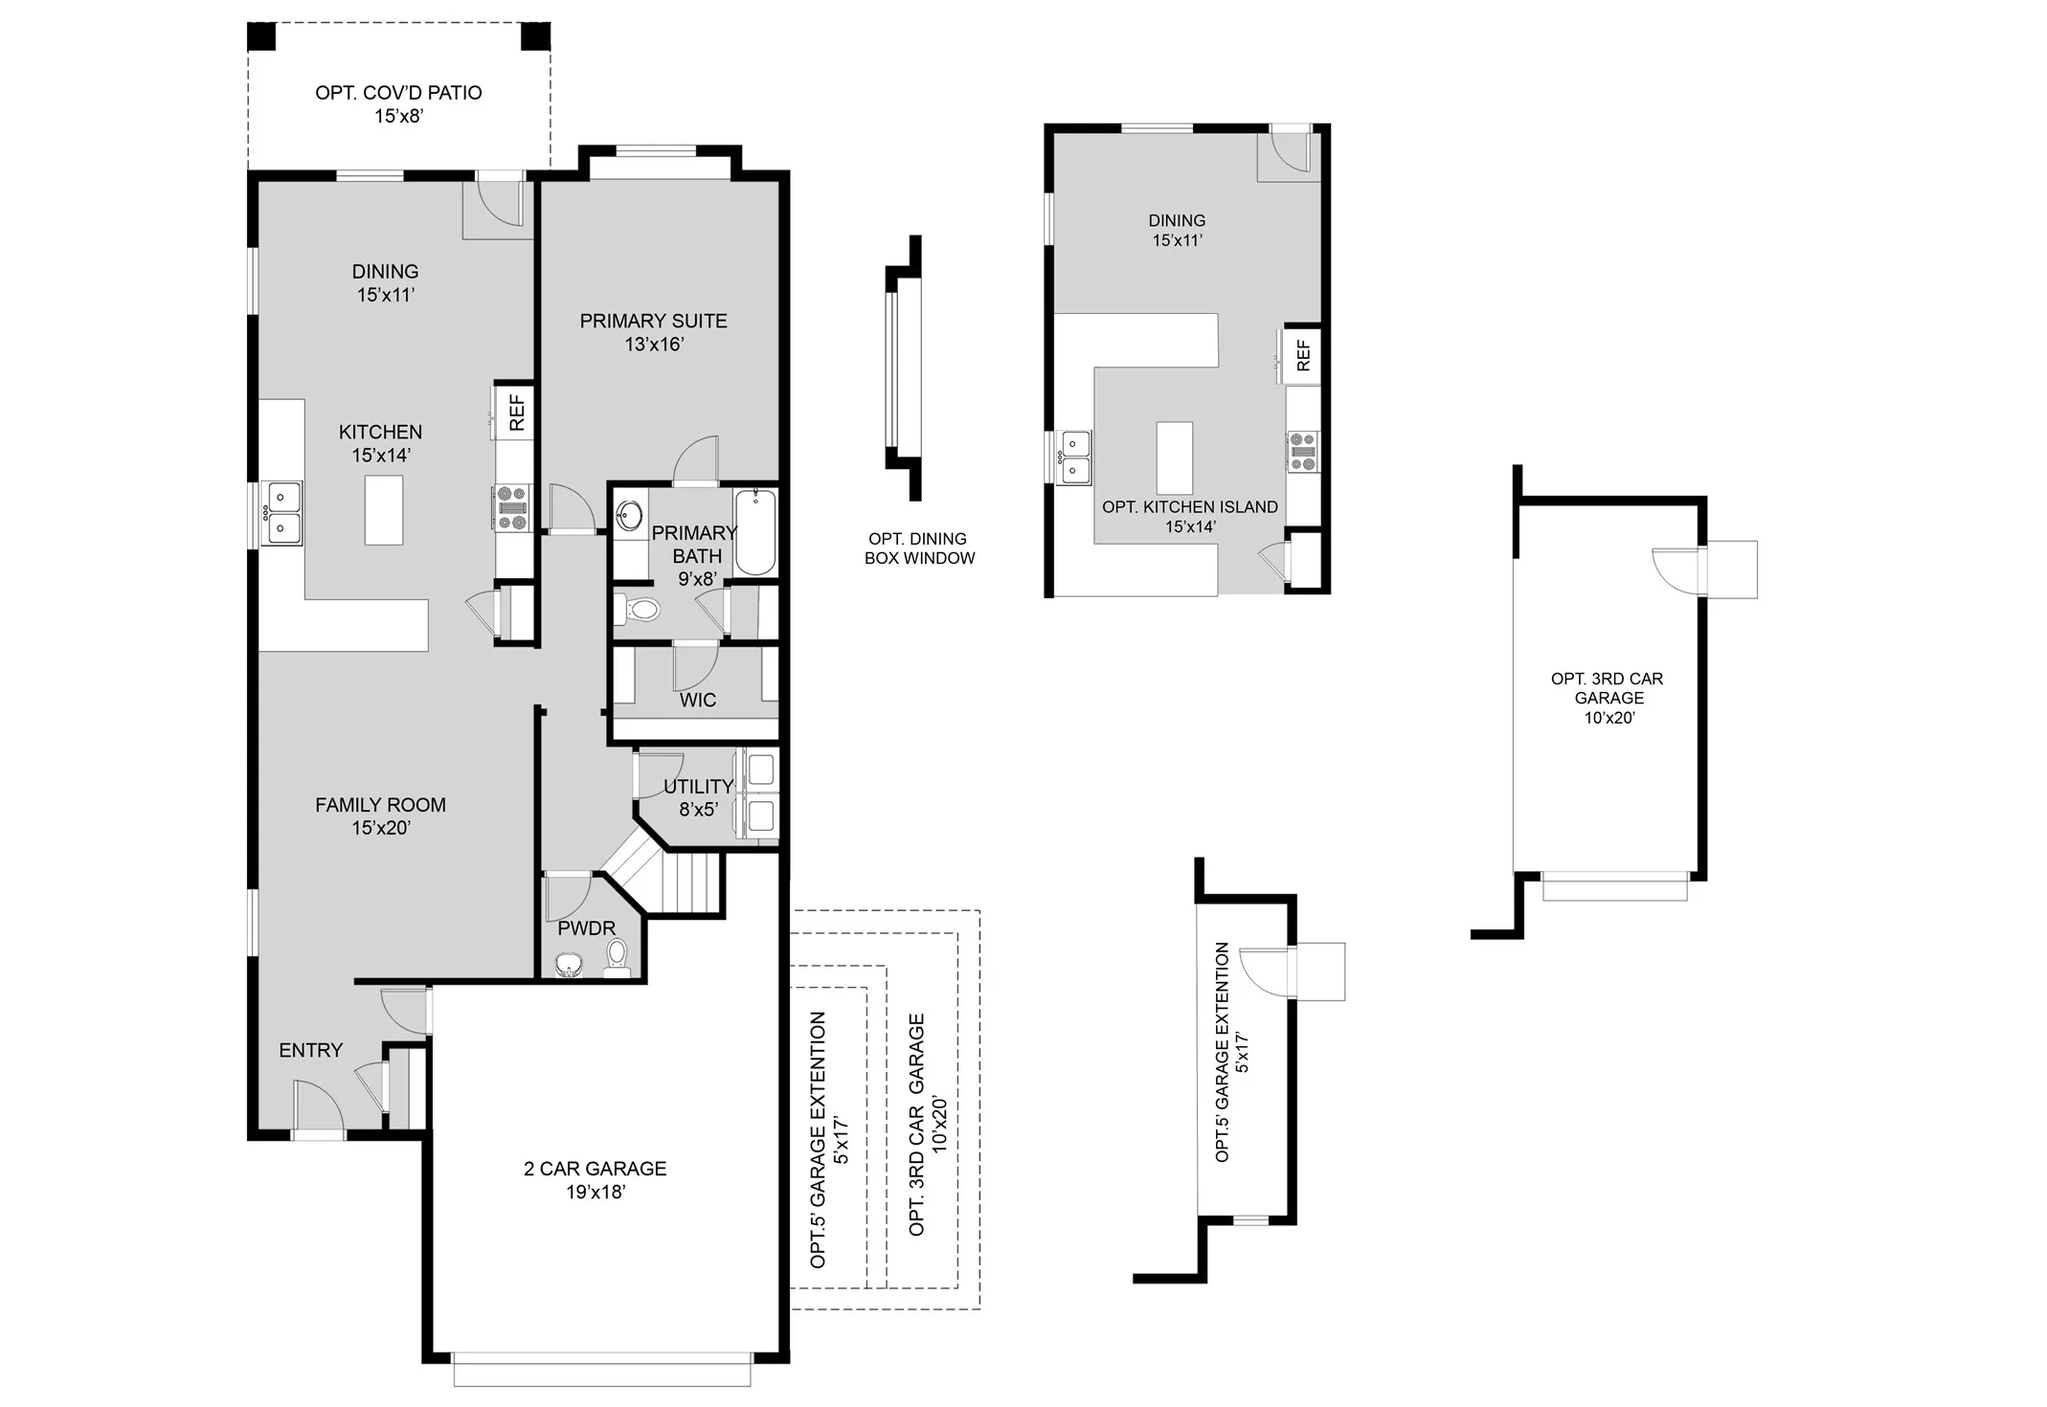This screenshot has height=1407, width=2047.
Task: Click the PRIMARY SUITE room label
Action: point(653,332)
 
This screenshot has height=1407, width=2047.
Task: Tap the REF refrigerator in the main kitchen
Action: point(515,412)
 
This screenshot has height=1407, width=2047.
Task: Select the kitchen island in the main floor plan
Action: point(383,509)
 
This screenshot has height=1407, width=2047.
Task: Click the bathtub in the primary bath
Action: point(755,531)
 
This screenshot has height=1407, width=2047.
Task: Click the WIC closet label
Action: point(697,700)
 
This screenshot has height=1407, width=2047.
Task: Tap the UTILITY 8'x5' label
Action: point(698,797)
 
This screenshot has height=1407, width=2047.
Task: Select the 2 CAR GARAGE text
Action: point(595,1179)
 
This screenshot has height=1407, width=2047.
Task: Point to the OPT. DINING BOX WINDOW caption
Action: point(919,548)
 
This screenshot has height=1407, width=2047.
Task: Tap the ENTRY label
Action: point(310,1050)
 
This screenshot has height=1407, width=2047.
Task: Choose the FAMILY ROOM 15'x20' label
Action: point(380,815)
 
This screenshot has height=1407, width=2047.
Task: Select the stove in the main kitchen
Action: point(511,507)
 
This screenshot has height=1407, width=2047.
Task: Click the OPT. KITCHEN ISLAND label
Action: point(1189,516)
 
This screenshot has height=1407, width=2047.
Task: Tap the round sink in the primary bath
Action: point(629,516)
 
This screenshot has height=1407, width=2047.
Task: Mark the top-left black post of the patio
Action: point(261,36)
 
